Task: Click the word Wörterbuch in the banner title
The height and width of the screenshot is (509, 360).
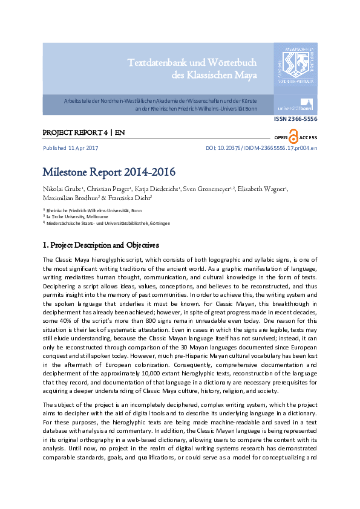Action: pyautogui.click(x=229, y=63)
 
